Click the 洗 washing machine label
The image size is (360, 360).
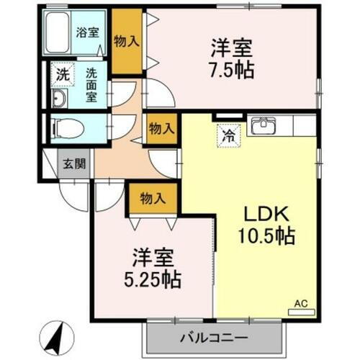[63, 73]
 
